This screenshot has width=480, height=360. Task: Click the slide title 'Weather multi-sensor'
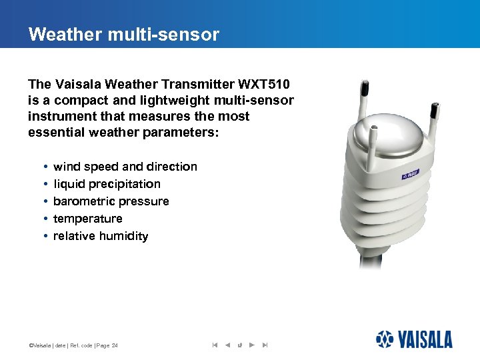coord(123,35)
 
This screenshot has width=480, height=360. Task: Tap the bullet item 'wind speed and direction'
coord(125,167)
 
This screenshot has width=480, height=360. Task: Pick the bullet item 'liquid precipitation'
coord(107,184)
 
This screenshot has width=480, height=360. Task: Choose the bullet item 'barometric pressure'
coord(111,201)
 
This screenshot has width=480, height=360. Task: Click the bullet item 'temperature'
coord(88,219)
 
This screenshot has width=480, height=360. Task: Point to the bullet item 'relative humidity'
coord(101,236)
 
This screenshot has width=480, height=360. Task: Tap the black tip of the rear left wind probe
coord(365,87)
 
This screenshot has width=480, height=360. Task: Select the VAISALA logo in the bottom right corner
coord(413,339)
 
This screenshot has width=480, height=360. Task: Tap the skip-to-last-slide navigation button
coord(265,345)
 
